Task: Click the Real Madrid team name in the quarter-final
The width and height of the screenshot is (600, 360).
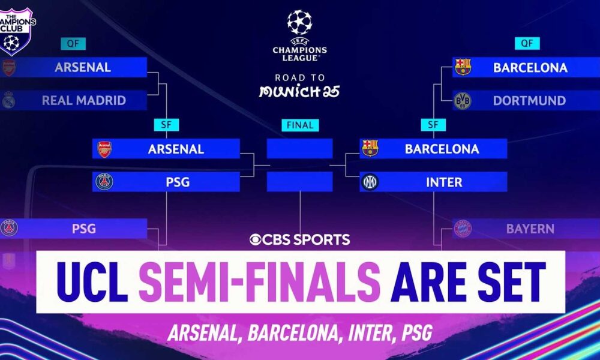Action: click(84, 100)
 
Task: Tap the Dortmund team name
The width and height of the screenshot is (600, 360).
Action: click(529, 100)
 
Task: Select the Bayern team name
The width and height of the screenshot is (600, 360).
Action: click(530, 229)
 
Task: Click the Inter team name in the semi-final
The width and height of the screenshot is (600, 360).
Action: click(444, 182)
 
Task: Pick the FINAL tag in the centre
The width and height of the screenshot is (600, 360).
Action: click(300, 125)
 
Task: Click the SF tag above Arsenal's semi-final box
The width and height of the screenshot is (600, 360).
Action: click(166, 125)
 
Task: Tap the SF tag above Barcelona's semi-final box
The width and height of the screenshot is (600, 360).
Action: click(433, 125)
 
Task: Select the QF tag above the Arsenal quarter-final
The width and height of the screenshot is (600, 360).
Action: click(73, 44)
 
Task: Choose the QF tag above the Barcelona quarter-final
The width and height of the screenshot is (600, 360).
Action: click(527, 43)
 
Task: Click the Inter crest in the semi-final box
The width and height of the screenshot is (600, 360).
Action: click(370, 182)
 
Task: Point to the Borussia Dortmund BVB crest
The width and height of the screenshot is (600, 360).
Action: click(462, 101)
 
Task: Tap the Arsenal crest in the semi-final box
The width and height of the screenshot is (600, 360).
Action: click(104, 149)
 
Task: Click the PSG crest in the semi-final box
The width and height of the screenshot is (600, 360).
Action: click(104, 182)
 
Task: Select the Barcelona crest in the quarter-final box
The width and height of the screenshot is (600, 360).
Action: click(463, 67)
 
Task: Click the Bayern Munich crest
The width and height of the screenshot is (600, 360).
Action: click(462, 229)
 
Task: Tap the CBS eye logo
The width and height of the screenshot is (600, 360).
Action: click(255, 239)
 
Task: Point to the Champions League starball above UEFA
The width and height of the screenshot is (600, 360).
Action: click(299, 22)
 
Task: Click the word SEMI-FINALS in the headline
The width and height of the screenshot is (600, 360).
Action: click(259, 282)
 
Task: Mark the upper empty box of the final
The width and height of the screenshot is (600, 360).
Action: click(299, 148)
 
